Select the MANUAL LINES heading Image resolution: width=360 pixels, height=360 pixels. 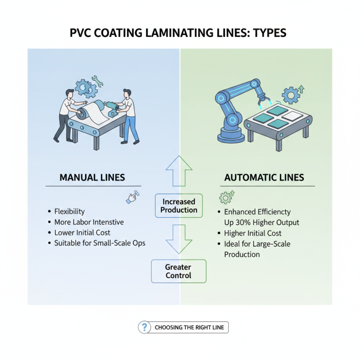92,178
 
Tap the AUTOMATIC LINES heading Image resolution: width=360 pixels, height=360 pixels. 264,178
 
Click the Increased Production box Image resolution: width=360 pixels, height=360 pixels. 180,206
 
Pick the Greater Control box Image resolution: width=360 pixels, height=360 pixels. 178,271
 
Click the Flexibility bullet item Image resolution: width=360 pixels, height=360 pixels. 69,211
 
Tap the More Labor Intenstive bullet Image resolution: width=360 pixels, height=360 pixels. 89,222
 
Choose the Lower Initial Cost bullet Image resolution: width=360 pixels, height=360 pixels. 82,233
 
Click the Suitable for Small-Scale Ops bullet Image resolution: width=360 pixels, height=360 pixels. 99,243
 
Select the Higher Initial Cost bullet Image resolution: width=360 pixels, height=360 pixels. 252,233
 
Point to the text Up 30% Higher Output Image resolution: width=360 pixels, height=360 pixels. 261,222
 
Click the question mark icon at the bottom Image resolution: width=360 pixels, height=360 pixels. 144,327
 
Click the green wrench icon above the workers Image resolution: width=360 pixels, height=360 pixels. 98,81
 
